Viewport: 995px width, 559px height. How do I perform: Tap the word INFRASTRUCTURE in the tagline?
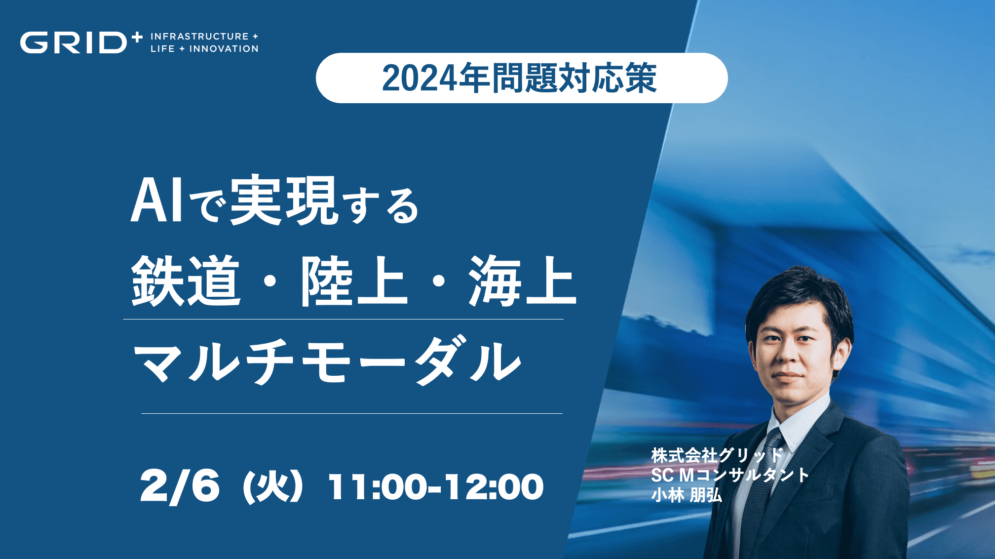pos(199,37)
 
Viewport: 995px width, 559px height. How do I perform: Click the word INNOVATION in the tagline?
pos(224,49)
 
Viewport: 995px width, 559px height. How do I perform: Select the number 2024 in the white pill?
pos(419,79)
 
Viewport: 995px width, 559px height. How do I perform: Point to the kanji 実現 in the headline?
pos(284,200)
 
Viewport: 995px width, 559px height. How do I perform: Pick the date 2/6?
pos(180,487)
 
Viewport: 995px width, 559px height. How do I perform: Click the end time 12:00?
pos(494,487)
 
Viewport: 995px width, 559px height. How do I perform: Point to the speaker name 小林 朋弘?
pos(687,495)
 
